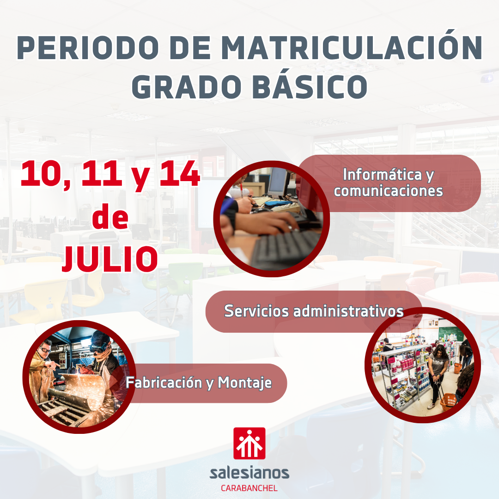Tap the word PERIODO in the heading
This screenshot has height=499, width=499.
[88, 48]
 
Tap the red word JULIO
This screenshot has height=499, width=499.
[110, 259]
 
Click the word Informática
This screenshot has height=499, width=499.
[382, 174]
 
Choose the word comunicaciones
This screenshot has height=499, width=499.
[388, 191]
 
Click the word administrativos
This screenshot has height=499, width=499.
[348, 311]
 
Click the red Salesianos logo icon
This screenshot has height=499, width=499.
[249, 443]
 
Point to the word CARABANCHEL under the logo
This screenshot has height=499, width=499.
[249, 488]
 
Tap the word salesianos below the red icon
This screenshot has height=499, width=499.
[249, 473]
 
